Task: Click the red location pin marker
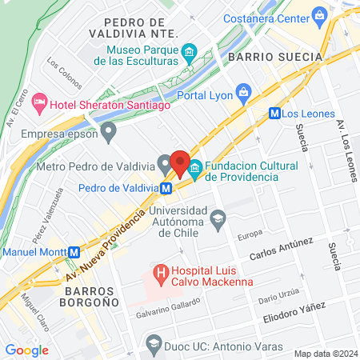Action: click(180, 162)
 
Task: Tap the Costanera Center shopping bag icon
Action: click(320, 14)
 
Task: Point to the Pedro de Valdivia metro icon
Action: click(166, 189)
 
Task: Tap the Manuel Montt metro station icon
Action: click(74, 250)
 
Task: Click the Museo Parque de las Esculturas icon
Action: click(189, 54)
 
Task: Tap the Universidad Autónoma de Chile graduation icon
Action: click(217, 218)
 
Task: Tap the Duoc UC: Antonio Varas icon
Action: click(154, 344)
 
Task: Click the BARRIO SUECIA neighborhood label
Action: click(274, 58)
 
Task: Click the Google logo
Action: click(26, 350)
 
